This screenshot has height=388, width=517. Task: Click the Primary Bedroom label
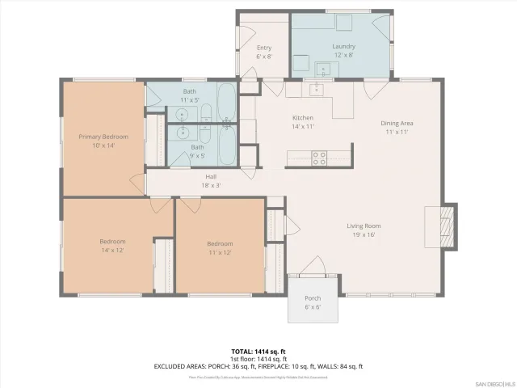click(x=103, y=141)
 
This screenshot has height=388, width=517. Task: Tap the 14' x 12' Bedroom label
click(x=112, y=246)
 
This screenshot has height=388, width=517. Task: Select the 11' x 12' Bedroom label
click(x=219, y=248)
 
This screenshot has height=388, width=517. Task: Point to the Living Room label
click(x=364, y=230)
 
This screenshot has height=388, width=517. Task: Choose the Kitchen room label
click(x=302, y=122)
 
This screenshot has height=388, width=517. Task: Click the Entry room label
click(x=263, y=52)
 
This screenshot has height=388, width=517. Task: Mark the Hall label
click(x=210, y=180)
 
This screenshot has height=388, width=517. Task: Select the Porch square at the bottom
click(x=312, y=302)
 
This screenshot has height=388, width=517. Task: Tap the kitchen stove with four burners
click(x=319, y=156)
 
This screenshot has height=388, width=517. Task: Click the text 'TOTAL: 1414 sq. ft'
click(x=258, y=352)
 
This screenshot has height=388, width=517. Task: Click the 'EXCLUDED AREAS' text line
click(x=258, y=366)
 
